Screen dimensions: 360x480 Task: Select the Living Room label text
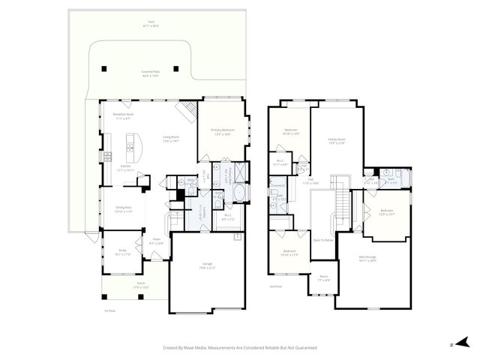(171, 138)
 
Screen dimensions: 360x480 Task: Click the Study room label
(121, 253)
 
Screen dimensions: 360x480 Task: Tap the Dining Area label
(124, 209)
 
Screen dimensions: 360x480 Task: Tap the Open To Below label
(322, 240)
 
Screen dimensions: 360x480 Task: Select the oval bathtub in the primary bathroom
(238, 196)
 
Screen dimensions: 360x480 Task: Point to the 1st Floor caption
(109, 310)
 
